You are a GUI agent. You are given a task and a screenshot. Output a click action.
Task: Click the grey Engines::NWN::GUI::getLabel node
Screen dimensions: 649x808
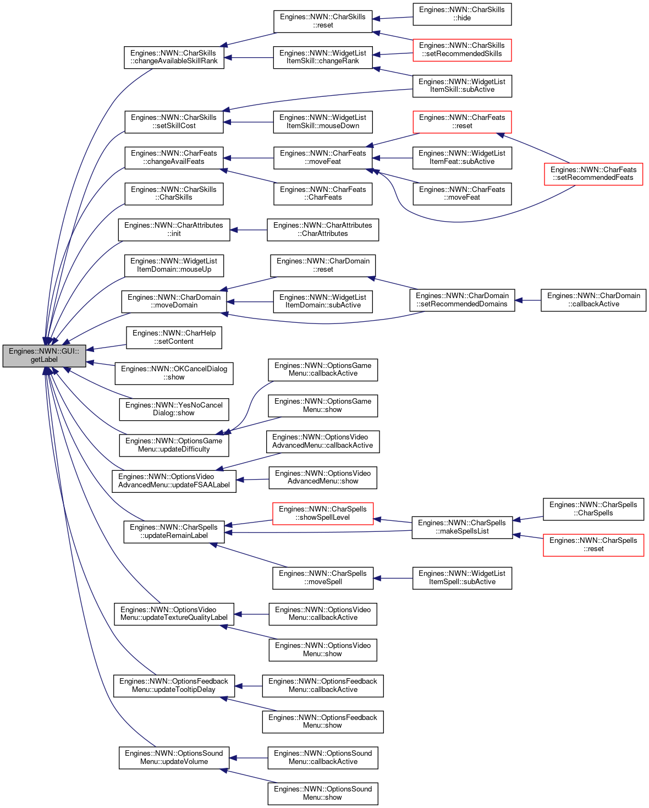click(45, 355)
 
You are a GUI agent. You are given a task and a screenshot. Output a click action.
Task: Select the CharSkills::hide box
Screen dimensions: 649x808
click(461, 14)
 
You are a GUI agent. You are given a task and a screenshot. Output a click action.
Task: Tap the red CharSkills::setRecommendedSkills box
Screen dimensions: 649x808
click(461, 50)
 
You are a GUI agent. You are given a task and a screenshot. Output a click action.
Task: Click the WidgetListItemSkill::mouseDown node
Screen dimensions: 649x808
click(323, 122)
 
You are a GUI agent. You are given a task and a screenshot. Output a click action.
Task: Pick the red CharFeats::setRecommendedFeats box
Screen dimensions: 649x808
click(593, 174)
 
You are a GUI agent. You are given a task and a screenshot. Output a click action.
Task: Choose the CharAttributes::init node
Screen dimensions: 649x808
click(174, 230)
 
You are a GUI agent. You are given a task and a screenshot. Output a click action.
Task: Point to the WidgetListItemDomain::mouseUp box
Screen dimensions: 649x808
click(174, 266)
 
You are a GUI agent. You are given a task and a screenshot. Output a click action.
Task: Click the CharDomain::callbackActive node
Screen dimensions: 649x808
click(593, 300)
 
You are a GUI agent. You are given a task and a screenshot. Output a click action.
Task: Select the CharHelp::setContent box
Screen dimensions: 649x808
click(174, 338)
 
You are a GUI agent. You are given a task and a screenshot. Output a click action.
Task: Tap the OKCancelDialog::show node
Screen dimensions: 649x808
click(174, 373)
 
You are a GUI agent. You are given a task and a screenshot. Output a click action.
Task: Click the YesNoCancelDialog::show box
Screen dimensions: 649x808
click(174, 409)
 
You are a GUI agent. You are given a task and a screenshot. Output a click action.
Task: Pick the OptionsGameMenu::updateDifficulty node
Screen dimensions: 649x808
click(174, 446)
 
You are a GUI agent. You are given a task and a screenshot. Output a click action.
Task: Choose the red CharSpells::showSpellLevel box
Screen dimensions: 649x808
click(323, 514)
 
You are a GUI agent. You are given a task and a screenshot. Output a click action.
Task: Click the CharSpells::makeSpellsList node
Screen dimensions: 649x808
click(461, 527)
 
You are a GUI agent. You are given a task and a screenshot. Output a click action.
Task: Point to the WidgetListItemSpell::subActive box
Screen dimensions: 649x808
click(461, 578)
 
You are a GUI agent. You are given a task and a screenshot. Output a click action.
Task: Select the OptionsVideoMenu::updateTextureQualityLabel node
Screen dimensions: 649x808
click(174, 614)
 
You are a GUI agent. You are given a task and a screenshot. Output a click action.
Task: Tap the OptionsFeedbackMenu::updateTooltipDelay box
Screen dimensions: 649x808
click(174, 686)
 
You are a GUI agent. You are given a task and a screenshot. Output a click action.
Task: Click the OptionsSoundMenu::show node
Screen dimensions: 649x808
click(323, 794)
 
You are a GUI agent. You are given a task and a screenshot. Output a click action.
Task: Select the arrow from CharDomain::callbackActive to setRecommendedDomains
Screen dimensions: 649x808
click(527, 300)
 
